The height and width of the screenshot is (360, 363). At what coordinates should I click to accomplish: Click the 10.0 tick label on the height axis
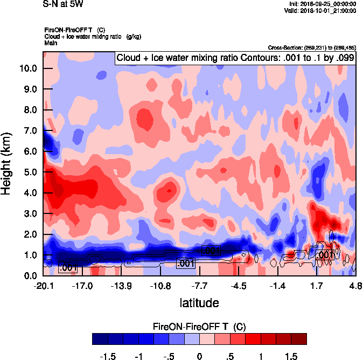click(x=27, y=68)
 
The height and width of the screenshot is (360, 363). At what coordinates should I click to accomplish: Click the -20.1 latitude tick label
click(x=43, y=285)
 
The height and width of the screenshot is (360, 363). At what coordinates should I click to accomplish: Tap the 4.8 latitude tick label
click(x=355, y=285)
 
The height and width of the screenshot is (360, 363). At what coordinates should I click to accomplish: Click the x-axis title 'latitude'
click(x=199, y=302)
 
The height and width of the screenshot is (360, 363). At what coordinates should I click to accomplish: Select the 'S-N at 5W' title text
click(x=62, y=4)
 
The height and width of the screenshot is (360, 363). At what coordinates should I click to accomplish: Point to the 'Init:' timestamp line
click(x=323, y=4)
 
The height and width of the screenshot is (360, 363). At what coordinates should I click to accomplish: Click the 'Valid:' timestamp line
click(x=320, y=11)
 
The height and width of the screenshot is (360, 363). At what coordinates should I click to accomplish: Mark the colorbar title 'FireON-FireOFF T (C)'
click(x=199, y=327)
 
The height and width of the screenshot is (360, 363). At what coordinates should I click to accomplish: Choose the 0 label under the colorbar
click(x=200, y=356)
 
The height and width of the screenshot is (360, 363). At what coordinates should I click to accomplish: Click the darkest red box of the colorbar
click(x=299, y=338)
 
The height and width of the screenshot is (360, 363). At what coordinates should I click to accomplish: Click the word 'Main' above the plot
click(x=52, y=43)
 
